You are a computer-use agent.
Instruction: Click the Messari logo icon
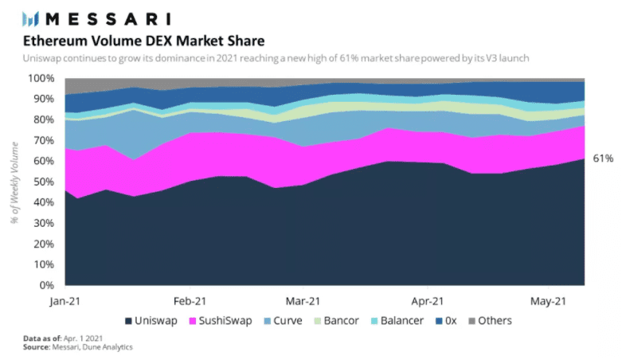(x=30, y=18)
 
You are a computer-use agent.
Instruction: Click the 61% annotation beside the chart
(x=602, y=159)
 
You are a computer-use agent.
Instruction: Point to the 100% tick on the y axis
(x=41, y=78)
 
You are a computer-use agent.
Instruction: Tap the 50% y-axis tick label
(x=44, y=182)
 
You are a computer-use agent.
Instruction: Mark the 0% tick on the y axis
(x=46, y=285)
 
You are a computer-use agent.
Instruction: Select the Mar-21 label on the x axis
(x=303, y=301)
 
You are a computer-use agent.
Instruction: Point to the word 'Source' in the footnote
(x=37, y=348)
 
